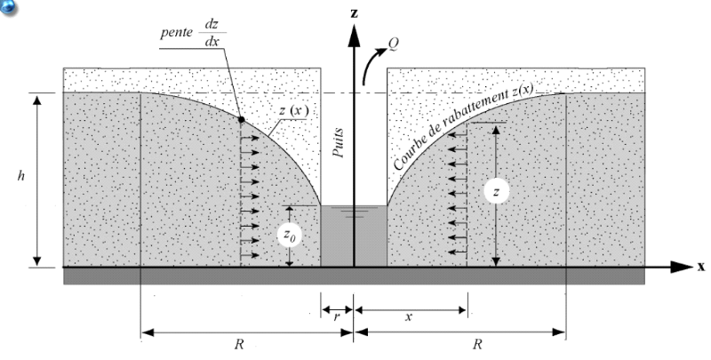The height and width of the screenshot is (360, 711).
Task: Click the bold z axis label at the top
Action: pyautogui.click(x=354, y=14)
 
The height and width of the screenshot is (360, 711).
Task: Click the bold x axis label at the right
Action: pyautogui.click(x=701, y=266)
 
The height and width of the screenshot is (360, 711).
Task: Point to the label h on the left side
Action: pyautogui.click(x=20, y=177)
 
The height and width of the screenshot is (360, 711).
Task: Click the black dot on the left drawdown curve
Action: pyautogui.click(x=242, y=118)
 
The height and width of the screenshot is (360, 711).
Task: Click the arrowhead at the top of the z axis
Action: pyautogui.click(x=354, y=36)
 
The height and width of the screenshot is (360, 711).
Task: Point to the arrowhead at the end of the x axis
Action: pyautogui.click(x=682, y=266)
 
